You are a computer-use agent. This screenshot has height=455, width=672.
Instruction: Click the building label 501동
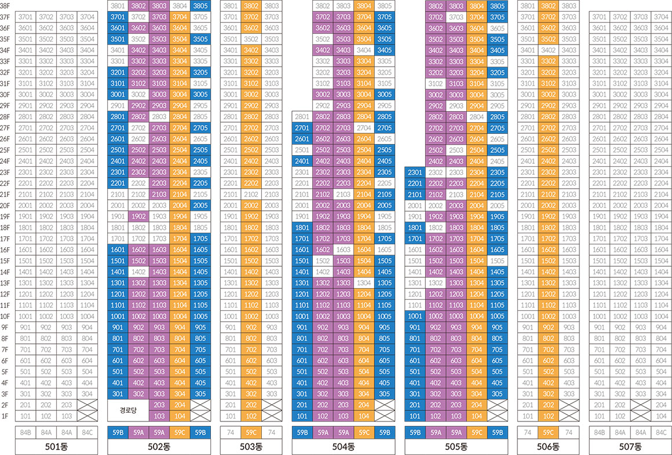(x=56, y=447)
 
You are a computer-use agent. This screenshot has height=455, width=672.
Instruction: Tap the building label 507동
(x=630, y=447)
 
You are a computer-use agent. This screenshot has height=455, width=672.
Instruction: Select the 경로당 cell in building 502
(x=128, y=410)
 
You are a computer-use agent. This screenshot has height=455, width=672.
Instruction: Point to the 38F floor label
(x=5, y=6)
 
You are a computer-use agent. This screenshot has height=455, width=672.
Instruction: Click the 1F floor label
(x=5, y=416)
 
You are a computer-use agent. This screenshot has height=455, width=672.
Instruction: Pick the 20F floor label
(x=5, y=206)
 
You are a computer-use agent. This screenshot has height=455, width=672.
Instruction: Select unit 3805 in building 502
(x=200, y=6)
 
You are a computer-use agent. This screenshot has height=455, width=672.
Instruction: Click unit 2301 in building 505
(x=415, y=173)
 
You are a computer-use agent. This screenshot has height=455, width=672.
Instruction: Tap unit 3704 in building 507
(x=660, y=17)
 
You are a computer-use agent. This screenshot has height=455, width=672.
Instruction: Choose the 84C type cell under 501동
(x=87, y=432)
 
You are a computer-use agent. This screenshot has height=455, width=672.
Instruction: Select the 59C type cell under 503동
(x=251, y=432)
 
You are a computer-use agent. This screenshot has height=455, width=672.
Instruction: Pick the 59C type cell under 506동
(x=548, y=432)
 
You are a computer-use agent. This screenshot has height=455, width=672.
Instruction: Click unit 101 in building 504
(x=302, y=416)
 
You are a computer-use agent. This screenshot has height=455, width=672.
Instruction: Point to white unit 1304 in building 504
(x=364, y=283)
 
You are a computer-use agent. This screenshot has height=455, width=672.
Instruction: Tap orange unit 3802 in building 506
(x=548, y=6)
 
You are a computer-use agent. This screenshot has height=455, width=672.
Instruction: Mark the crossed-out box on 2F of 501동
(x=87, y=405)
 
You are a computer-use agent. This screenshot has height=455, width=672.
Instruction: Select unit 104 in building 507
(x=660, y=416)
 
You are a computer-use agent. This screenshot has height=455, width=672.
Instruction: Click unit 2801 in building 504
(x=302, y=117)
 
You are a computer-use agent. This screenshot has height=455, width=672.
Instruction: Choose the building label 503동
(x=251, y=447)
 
